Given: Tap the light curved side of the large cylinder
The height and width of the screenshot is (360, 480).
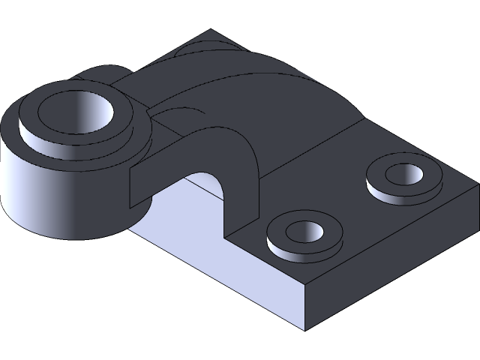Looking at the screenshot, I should point(30,195).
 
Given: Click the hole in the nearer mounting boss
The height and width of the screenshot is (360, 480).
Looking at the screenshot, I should point(304,233).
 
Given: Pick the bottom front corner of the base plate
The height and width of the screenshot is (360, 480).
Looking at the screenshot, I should point(306,328).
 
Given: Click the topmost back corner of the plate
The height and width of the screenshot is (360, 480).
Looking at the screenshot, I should point(211,31).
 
